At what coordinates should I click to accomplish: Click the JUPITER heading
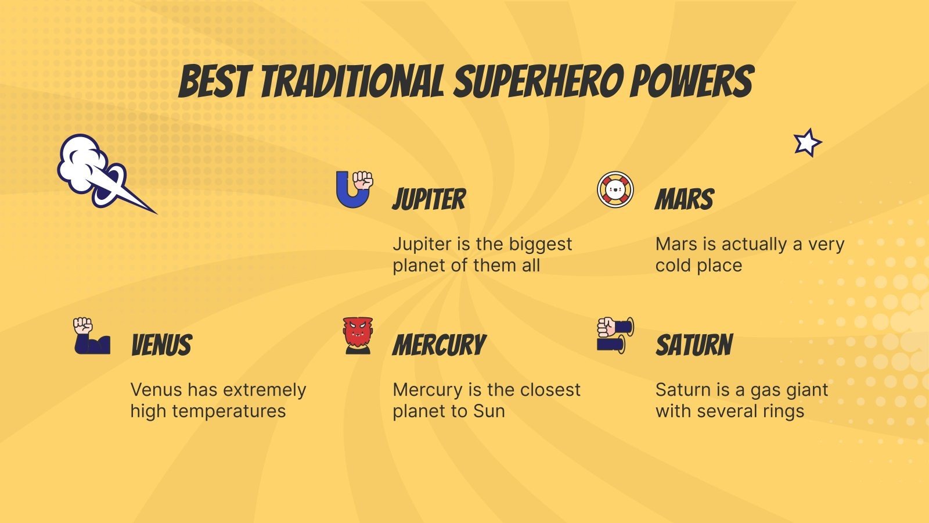(x=429, y=199)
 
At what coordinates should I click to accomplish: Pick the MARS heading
(x=684, y=199)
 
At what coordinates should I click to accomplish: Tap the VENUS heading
(x=161, y=345)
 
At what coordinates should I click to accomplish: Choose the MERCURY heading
(x=439, y=345)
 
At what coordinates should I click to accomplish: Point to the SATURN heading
(x=694, y=345)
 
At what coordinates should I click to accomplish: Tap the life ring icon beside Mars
(x=615, y=189)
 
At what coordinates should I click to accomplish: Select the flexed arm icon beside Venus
(x=91, y=336)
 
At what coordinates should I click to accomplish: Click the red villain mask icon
(x=358, y=335)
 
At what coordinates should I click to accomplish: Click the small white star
(x=807, y=143)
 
